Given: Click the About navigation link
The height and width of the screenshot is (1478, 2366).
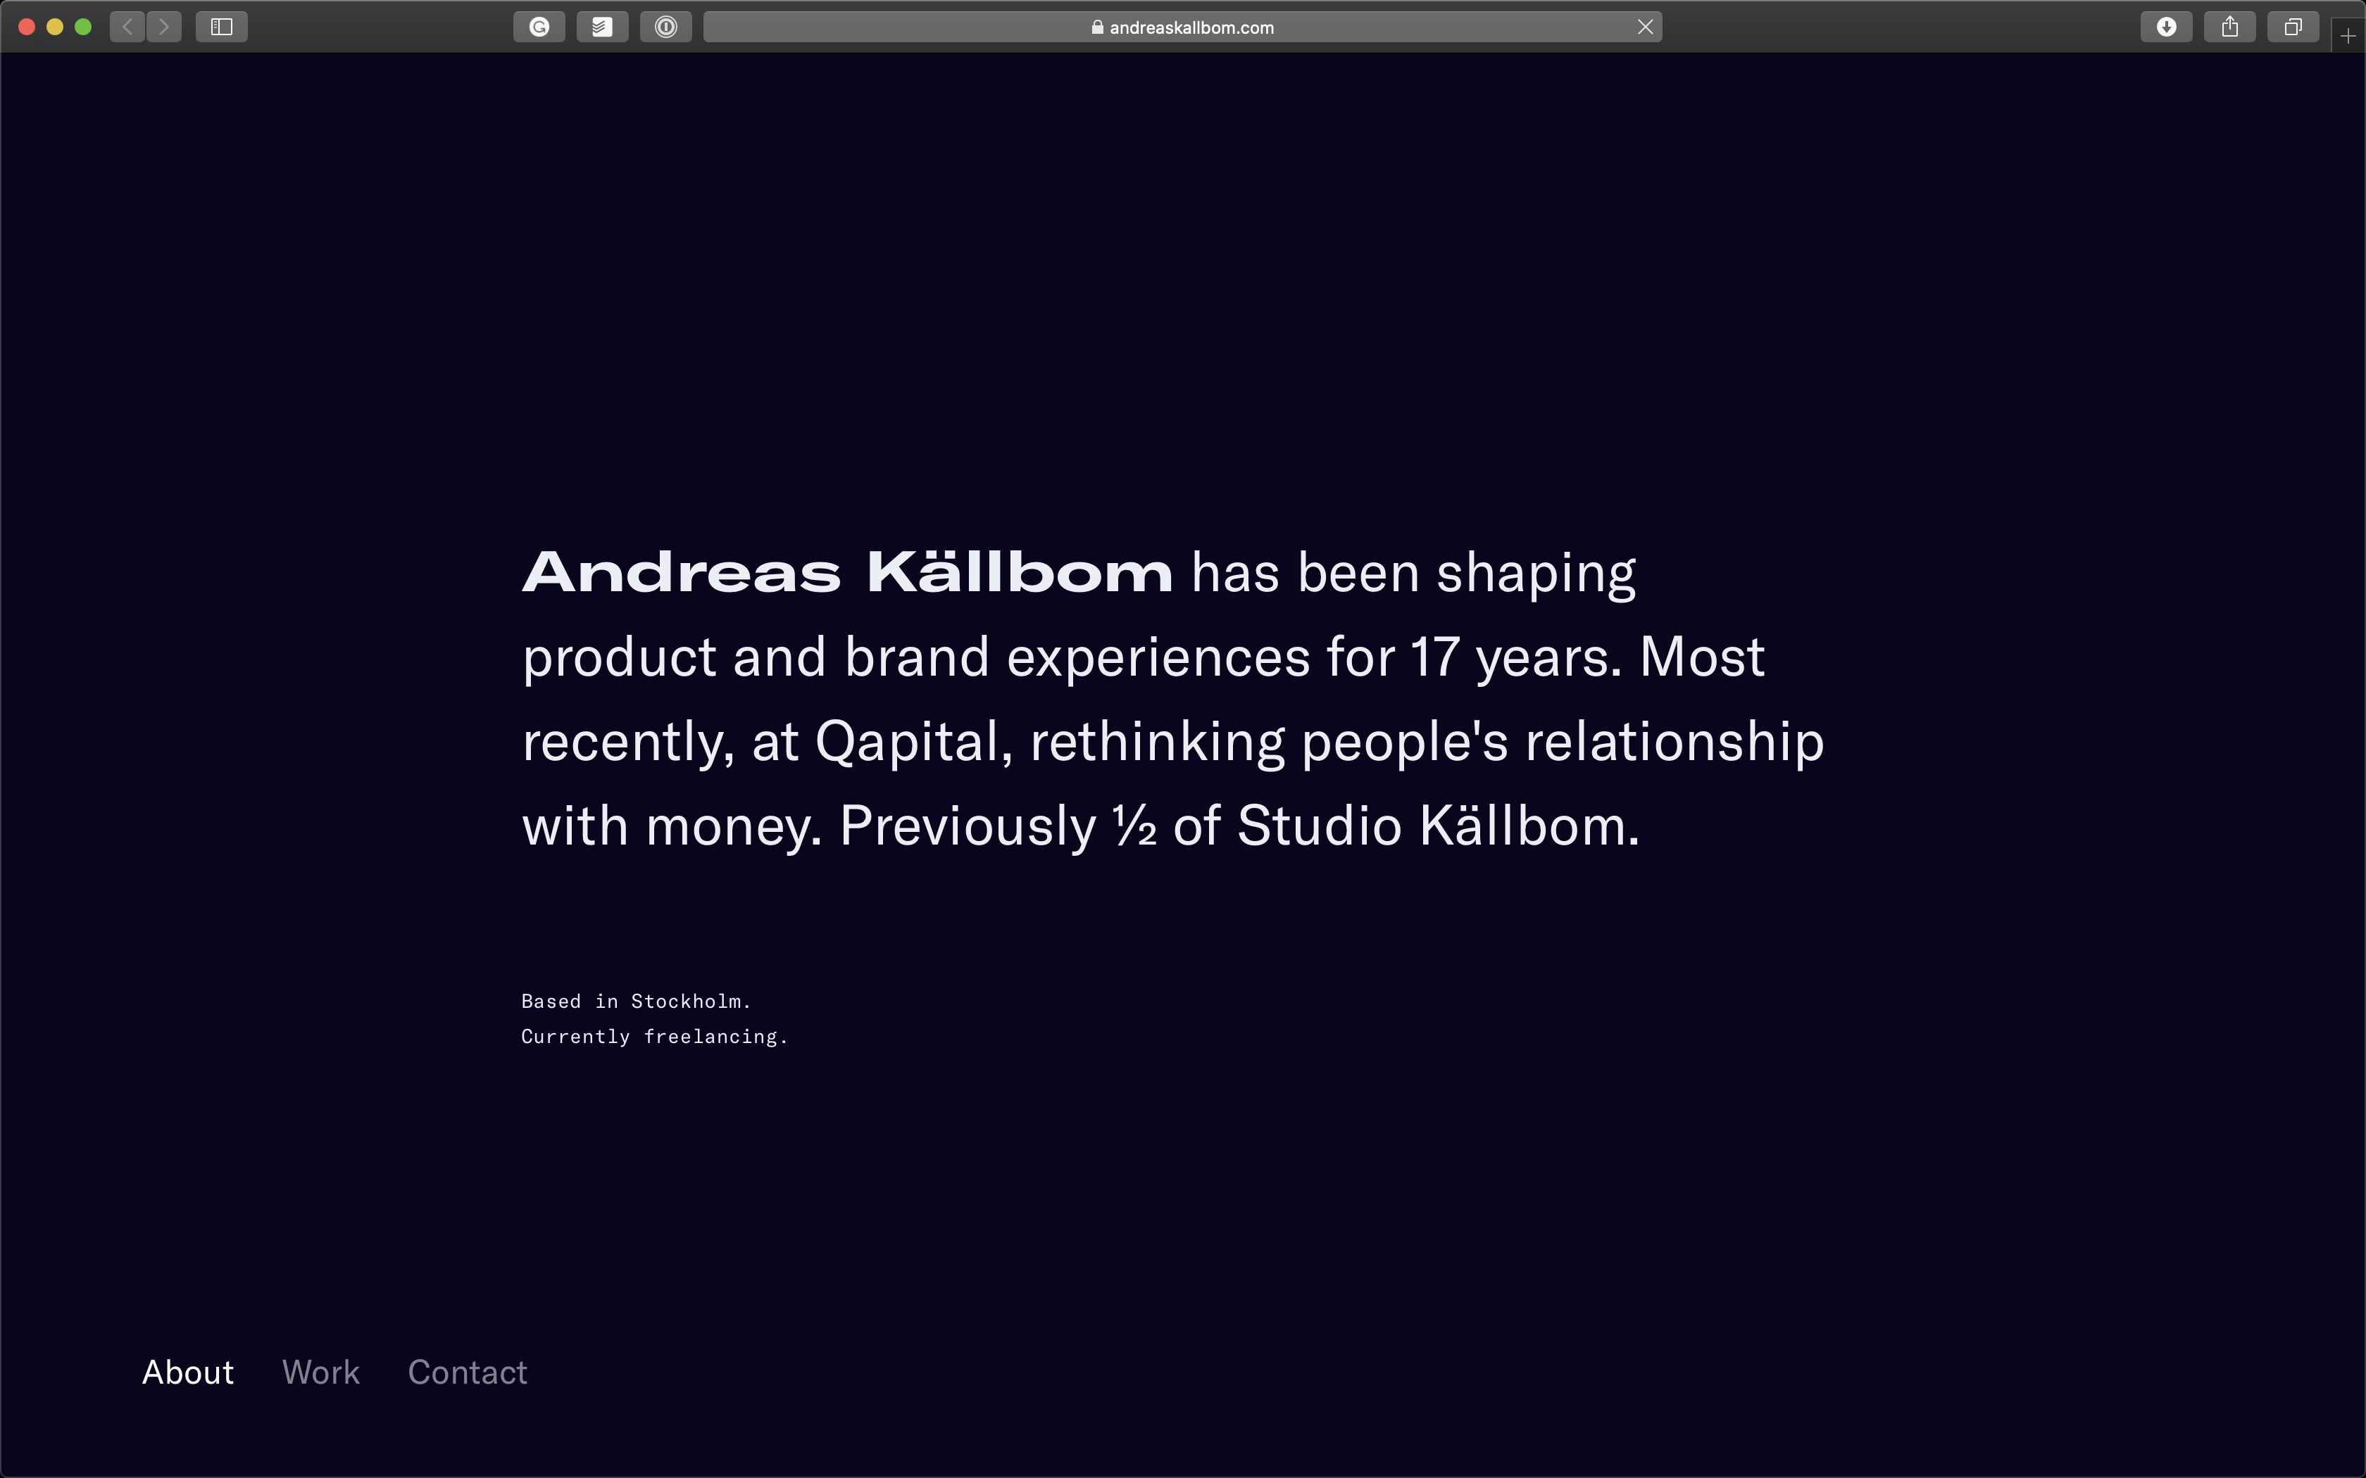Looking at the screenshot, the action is (x=188, y=1372).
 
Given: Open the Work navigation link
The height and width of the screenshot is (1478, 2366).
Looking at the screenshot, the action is (x=320, y=1372).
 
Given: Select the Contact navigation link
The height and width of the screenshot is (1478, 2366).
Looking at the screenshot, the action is (x=468, y=1372).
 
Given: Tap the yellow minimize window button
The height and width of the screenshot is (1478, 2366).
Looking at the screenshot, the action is (x=55, y=27).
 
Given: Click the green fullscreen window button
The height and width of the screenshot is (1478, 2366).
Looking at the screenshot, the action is (x=83, y=27).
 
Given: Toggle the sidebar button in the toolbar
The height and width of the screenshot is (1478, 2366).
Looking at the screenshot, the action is (x=222, y=27).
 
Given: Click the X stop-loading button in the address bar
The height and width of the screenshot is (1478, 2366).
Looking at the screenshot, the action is (x=1646, y=27).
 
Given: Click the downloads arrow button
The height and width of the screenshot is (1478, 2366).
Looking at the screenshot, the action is (x=2167, y=27).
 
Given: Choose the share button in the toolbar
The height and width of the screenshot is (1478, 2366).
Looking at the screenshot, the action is (x=2230, y=27).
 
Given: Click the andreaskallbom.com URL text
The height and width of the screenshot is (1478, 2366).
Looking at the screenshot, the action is (x=1191, y=28).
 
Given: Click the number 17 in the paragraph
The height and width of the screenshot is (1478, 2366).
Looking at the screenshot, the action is (x=1434, y=657).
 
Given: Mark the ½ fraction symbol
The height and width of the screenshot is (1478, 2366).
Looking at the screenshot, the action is (x=1134, y=826).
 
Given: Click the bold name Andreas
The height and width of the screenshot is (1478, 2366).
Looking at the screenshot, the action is (x=682, y=571).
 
